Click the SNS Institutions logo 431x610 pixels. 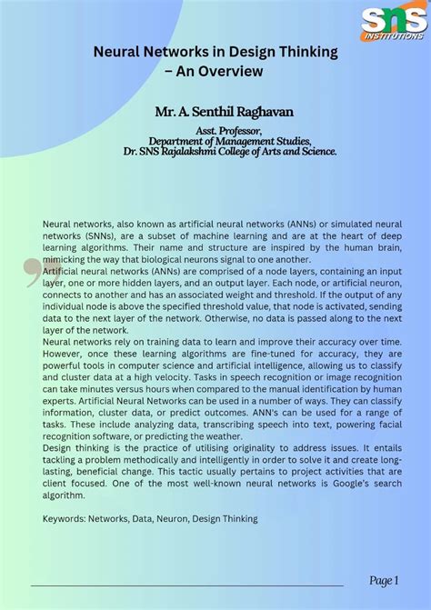click(393, 23)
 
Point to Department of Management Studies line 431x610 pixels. click(230, 141)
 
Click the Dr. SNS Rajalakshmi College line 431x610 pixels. click(230, 151)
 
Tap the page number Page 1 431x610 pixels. click(384, 580)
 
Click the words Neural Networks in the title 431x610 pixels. click(149, 52)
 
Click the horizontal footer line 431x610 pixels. click(186, 585)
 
